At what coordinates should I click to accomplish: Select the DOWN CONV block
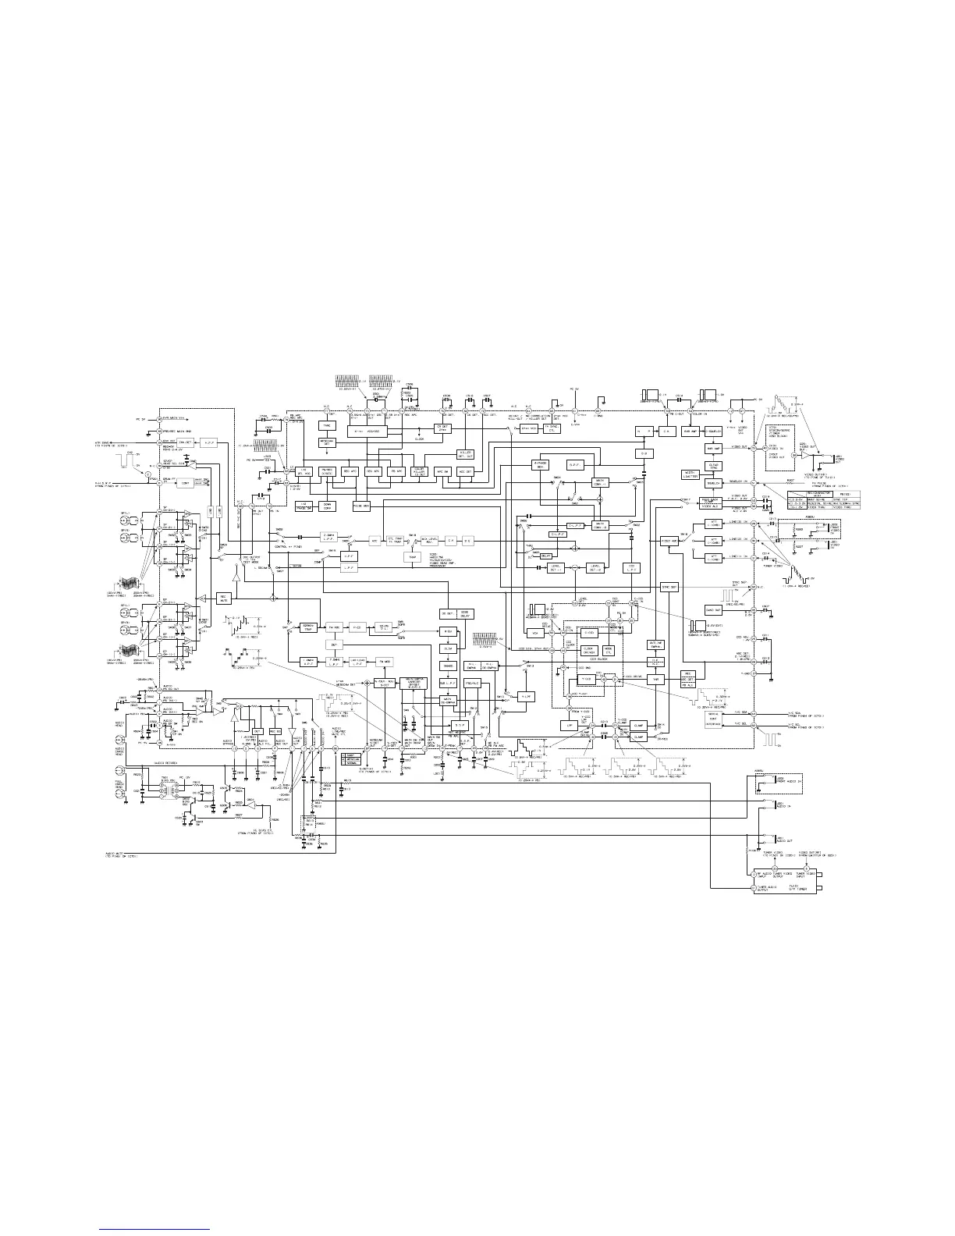(328, 505)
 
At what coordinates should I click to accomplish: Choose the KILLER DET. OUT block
(465, 454)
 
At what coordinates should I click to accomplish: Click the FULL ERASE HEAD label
(120, 782)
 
